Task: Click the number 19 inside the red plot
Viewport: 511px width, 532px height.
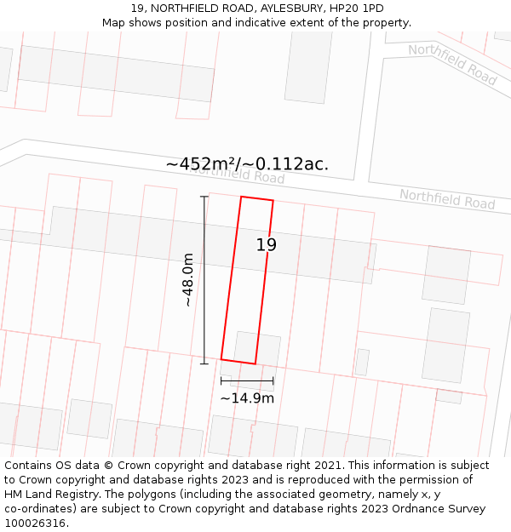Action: point(267,245)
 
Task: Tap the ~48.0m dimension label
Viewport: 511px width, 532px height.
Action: point(187,280)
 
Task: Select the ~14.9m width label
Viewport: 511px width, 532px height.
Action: point(247,398)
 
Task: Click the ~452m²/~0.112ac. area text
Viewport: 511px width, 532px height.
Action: point(247,164)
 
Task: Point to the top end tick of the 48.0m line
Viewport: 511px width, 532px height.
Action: point(204,197)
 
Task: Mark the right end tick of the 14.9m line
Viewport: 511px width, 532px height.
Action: point(273,380)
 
